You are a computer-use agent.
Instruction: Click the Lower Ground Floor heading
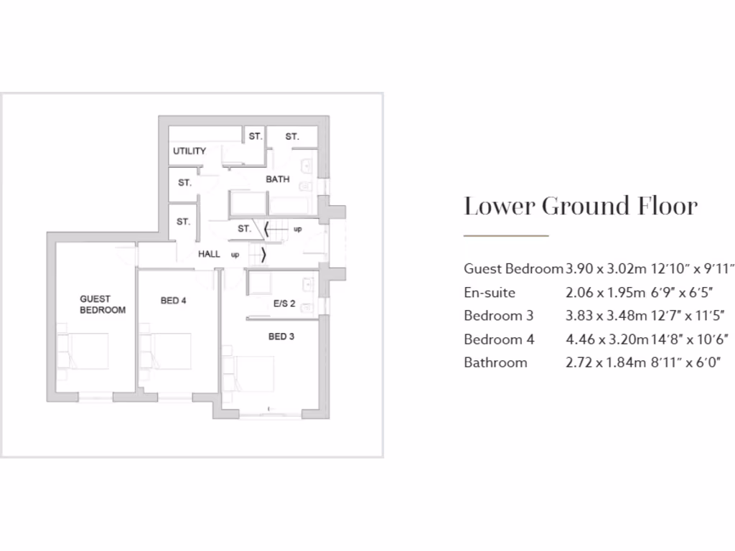click(x=580, y=207)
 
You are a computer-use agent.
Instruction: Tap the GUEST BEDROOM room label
click(x=103, y=304)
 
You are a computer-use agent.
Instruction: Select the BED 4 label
click(x=173, y=301)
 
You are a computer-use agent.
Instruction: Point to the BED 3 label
click(x=281, y=336)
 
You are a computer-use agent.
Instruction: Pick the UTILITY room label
click(x=189, y=151)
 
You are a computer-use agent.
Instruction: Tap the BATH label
click(x=278, y=179)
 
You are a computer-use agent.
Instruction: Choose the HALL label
click(x=210, y=254)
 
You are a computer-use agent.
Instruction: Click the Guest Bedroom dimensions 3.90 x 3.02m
click(x=600, y=269)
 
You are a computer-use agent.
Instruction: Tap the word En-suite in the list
click(x=490, y=293)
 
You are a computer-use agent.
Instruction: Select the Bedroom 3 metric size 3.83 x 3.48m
click(x=600, y=316)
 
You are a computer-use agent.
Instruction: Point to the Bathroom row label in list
click(x=495, y=362)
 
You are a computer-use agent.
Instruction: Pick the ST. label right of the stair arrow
click(x=244, y=229)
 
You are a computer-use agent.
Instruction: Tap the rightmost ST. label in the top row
click(x=292, y=136)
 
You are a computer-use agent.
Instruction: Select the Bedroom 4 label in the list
click(x=499, y=339)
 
